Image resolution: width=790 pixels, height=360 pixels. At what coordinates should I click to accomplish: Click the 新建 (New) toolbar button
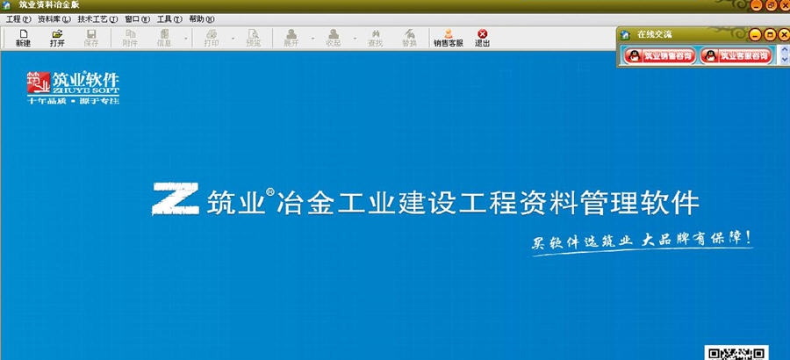pyautogui.click(x=23, y=38)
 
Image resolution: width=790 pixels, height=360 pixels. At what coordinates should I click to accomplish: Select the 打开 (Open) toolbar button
pyautogui.click(x=57, y=38)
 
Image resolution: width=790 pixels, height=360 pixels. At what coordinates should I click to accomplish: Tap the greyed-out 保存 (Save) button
pyautogui.click(x=91, y=38)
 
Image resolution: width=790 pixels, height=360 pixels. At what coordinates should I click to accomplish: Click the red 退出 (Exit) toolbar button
pyautogui.click(x=482, y=38)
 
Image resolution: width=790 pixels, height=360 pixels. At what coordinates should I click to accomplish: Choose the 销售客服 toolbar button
pyautogui.click(x=448, y=38)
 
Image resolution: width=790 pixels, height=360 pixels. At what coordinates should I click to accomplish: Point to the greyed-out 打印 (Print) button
pyautogui.click(x=212, y=38)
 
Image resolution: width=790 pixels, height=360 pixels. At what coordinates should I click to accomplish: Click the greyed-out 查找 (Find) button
pyautogui.click(x=376, y=38)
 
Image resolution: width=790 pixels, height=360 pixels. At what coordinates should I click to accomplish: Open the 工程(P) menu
pyautogui.click(x=18, y=18)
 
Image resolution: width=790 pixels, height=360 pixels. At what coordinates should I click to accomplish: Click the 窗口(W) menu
pyautogui.click(x=137, y=18)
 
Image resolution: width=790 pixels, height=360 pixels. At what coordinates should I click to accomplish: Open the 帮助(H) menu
pyautogui.click(x=201, y=18)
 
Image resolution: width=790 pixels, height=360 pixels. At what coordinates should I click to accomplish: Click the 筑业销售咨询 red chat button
pyautogui.click(x=658, y=56)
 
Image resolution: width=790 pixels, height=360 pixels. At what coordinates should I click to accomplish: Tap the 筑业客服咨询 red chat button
pyautogui.click(x=735, y=56)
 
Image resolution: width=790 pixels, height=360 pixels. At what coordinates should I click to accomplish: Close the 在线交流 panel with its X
pyautogui.click(x=783, y=34)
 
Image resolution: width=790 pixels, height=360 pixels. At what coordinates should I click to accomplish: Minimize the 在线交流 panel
pyautogui.click(x=756, y=34)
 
